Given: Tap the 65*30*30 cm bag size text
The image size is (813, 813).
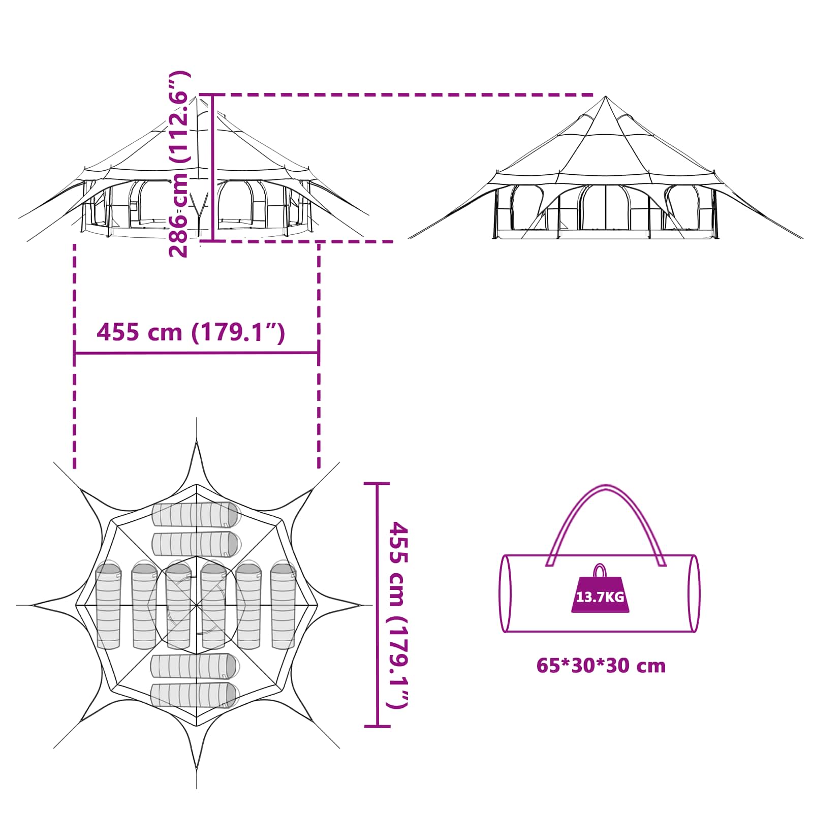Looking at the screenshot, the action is click(x=601, y=666).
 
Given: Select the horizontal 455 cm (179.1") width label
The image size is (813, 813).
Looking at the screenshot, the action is click(x=191, y=332).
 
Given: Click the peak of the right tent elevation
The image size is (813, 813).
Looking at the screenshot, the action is click(x=605, y=97).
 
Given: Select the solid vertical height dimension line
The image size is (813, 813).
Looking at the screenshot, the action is click(x=213, y=168).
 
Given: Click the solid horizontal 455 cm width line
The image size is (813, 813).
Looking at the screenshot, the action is click(x=197, y=352).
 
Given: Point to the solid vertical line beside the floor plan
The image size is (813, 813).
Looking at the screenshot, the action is click(x=378, y=605).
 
